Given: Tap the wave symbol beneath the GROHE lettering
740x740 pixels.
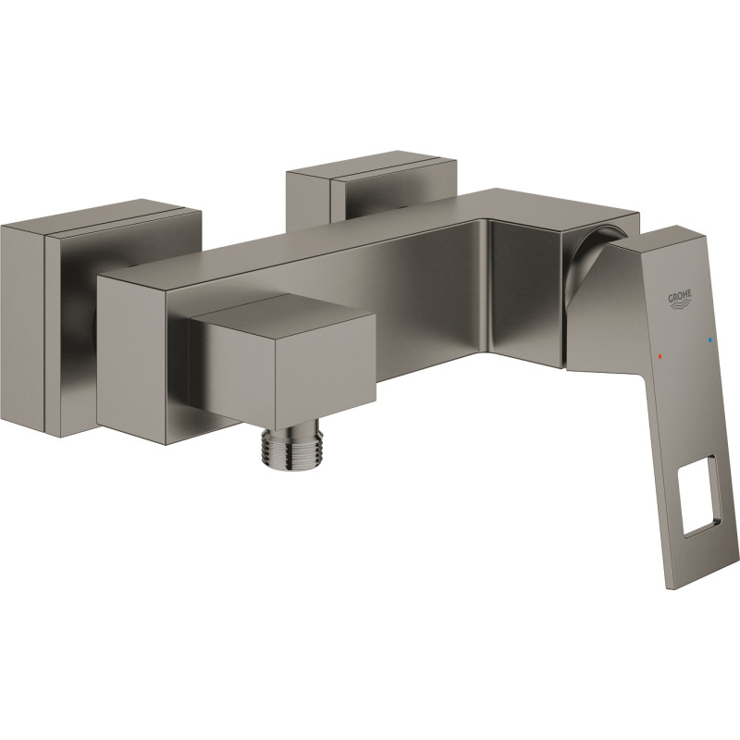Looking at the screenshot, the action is click(x=680, y=305).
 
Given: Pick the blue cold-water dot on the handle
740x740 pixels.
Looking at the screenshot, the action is click(x=709, y=339).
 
